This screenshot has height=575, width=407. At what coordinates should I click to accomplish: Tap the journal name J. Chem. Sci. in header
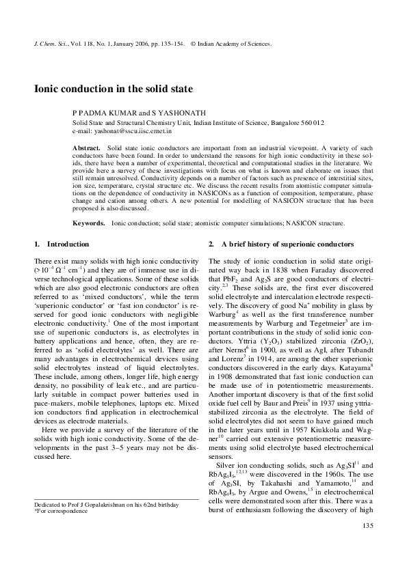tap(50, 43)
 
